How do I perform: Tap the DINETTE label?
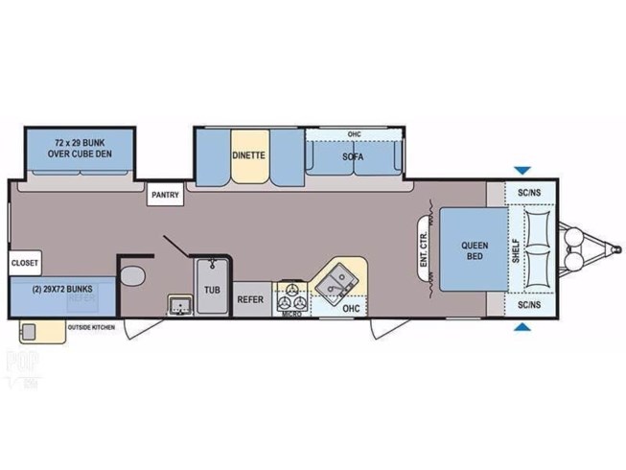247,155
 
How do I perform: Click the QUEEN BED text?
471,249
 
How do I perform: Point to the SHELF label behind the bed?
517,249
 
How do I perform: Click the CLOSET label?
24,262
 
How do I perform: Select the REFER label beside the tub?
251,299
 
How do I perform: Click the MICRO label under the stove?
291,313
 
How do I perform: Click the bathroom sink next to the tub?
178,306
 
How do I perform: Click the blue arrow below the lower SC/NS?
521,329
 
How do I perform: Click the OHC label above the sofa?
354,133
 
